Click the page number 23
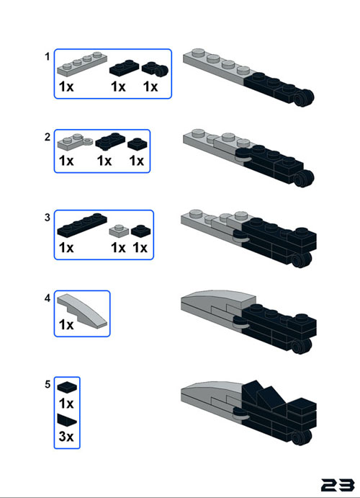pos(338,485)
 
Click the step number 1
pos(48,57)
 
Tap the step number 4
pos(48,298)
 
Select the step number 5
pos(48,385)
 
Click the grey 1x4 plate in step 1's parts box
pos(82,63)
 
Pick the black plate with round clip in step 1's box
pos(155,69)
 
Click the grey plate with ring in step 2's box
pos(75,142)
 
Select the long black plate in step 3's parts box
pos(82,225)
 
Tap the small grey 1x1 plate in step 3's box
pos(119,231)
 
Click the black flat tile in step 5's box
pos(67,388)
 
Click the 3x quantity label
pos(66,437)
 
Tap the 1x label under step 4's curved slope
pos(66,324)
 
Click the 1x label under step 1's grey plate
pos(66,86)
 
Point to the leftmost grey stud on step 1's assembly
pos(198,53)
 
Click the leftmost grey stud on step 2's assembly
pos(198,133)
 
